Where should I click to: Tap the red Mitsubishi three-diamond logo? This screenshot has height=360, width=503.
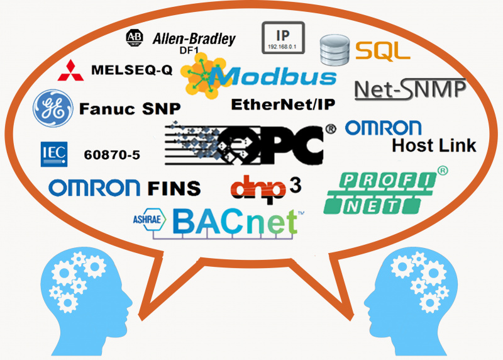tap(70, 70)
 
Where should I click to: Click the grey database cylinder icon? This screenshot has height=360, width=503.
tap(333, 50)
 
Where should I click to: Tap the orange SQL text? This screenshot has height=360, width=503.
tap(382, 50)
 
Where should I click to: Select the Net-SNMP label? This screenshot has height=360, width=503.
tap(410, 89)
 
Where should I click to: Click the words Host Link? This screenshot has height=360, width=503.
tap(434, 146)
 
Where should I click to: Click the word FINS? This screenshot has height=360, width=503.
tap(174, 188)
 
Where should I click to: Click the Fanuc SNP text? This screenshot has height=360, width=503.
tap(130, 108)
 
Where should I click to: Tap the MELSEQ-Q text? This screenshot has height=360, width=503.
tap(131, 70)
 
